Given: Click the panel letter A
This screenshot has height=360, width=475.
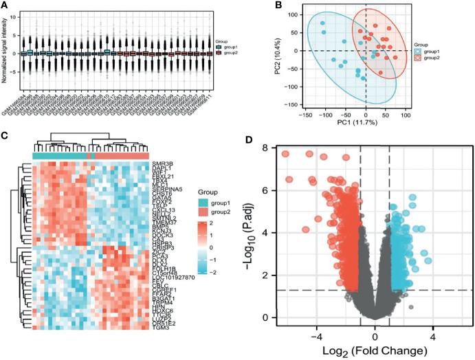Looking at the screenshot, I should [x=5, y=6].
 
